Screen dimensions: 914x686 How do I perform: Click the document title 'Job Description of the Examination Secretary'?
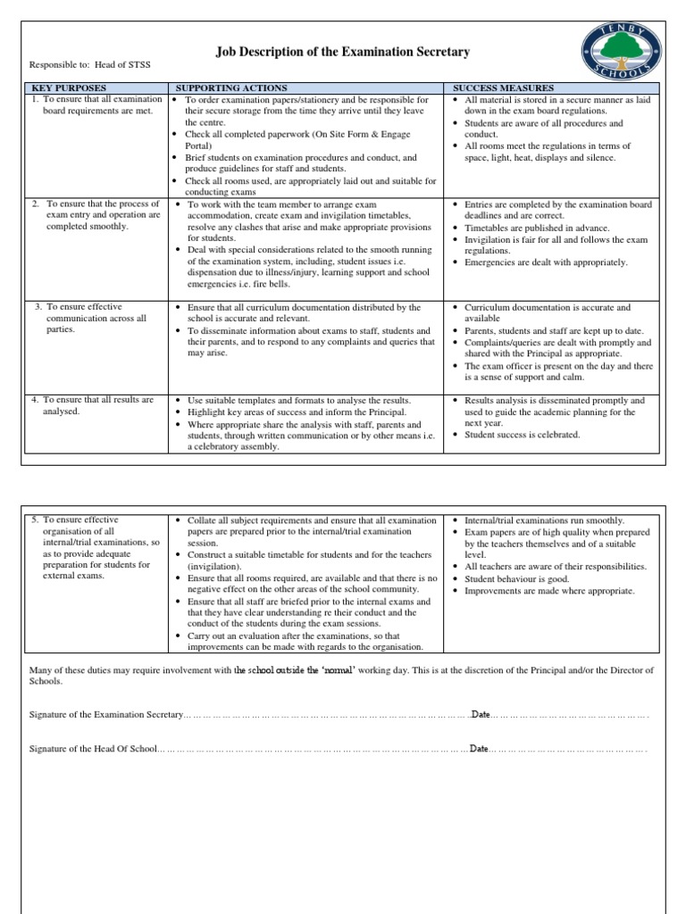pyautogui.click(x=343, y=53)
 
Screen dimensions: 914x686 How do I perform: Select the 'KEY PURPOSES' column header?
pyautogui.click(x=69, y=88)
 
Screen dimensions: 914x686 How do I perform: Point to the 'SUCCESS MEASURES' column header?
pyautogui.click(x=503, y=88)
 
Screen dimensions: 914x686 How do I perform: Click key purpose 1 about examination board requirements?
pyautogui.click(x=97, y=105)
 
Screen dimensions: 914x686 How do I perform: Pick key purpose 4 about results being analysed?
pyautogui.click(x=93, y=405)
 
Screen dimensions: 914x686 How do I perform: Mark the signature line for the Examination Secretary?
pyautogui.click(x=326, y=715)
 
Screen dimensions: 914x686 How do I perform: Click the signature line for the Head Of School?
pyautogui.click(x=313, y=749)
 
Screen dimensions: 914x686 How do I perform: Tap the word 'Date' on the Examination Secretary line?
pyautogui.click(x=481, y=715)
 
